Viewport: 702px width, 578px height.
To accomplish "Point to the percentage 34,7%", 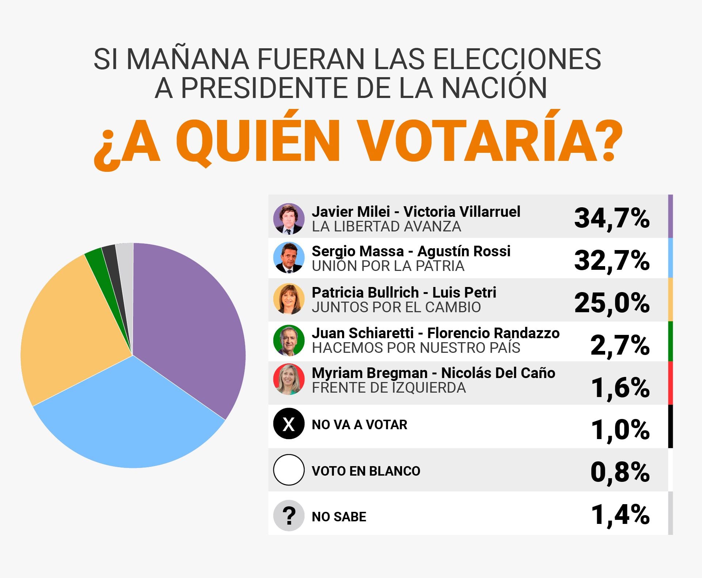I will [612, 218].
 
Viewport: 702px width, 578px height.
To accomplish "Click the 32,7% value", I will [612, 260].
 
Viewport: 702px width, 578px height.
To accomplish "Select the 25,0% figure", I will [612, 303].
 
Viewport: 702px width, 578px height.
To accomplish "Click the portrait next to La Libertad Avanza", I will [289, 219].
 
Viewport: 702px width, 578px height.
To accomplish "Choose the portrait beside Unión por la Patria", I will [289, 258].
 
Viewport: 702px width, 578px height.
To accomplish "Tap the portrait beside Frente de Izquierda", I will [289, 379].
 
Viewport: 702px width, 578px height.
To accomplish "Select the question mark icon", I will [289, 515].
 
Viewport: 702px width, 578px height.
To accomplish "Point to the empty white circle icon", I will [289, 470].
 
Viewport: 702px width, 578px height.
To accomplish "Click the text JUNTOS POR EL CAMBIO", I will [396, 307].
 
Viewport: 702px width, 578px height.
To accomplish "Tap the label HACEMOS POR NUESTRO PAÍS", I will [416, 348].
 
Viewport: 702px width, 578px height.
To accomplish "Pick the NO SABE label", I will [339, 517].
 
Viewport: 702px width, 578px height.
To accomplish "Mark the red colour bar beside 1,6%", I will [670, 383].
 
